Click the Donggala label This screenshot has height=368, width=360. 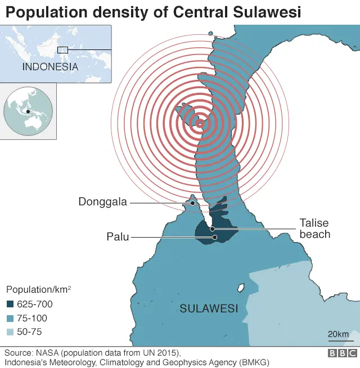click(x=103, y=202)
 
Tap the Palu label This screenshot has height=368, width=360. click(x=118, y=237)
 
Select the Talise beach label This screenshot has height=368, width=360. click(x=314, y=229)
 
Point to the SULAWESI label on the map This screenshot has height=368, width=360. click(x=209, y=308)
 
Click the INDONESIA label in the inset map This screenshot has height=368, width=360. click(x=50, y=66)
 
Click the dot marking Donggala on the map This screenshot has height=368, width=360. click(x=193, y=202)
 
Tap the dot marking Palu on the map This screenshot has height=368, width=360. click(x=215, y=237)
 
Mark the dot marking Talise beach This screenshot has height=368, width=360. click(x=212, y=229)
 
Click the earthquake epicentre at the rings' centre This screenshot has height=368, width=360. click(x=199, y=124)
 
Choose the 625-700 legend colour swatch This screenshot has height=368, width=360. click(x=11, y=305)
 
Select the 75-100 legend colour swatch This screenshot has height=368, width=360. click(x=11, y=318)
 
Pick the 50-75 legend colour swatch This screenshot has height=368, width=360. click(x=11, y=331)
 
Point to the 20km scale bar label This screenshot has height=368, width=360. click(x=338, y=334)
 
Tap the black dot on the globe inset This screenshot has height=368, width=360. click(x=28, y=111)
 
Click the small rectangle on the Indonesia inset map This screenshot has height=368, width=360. click(x=62, y=50)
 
